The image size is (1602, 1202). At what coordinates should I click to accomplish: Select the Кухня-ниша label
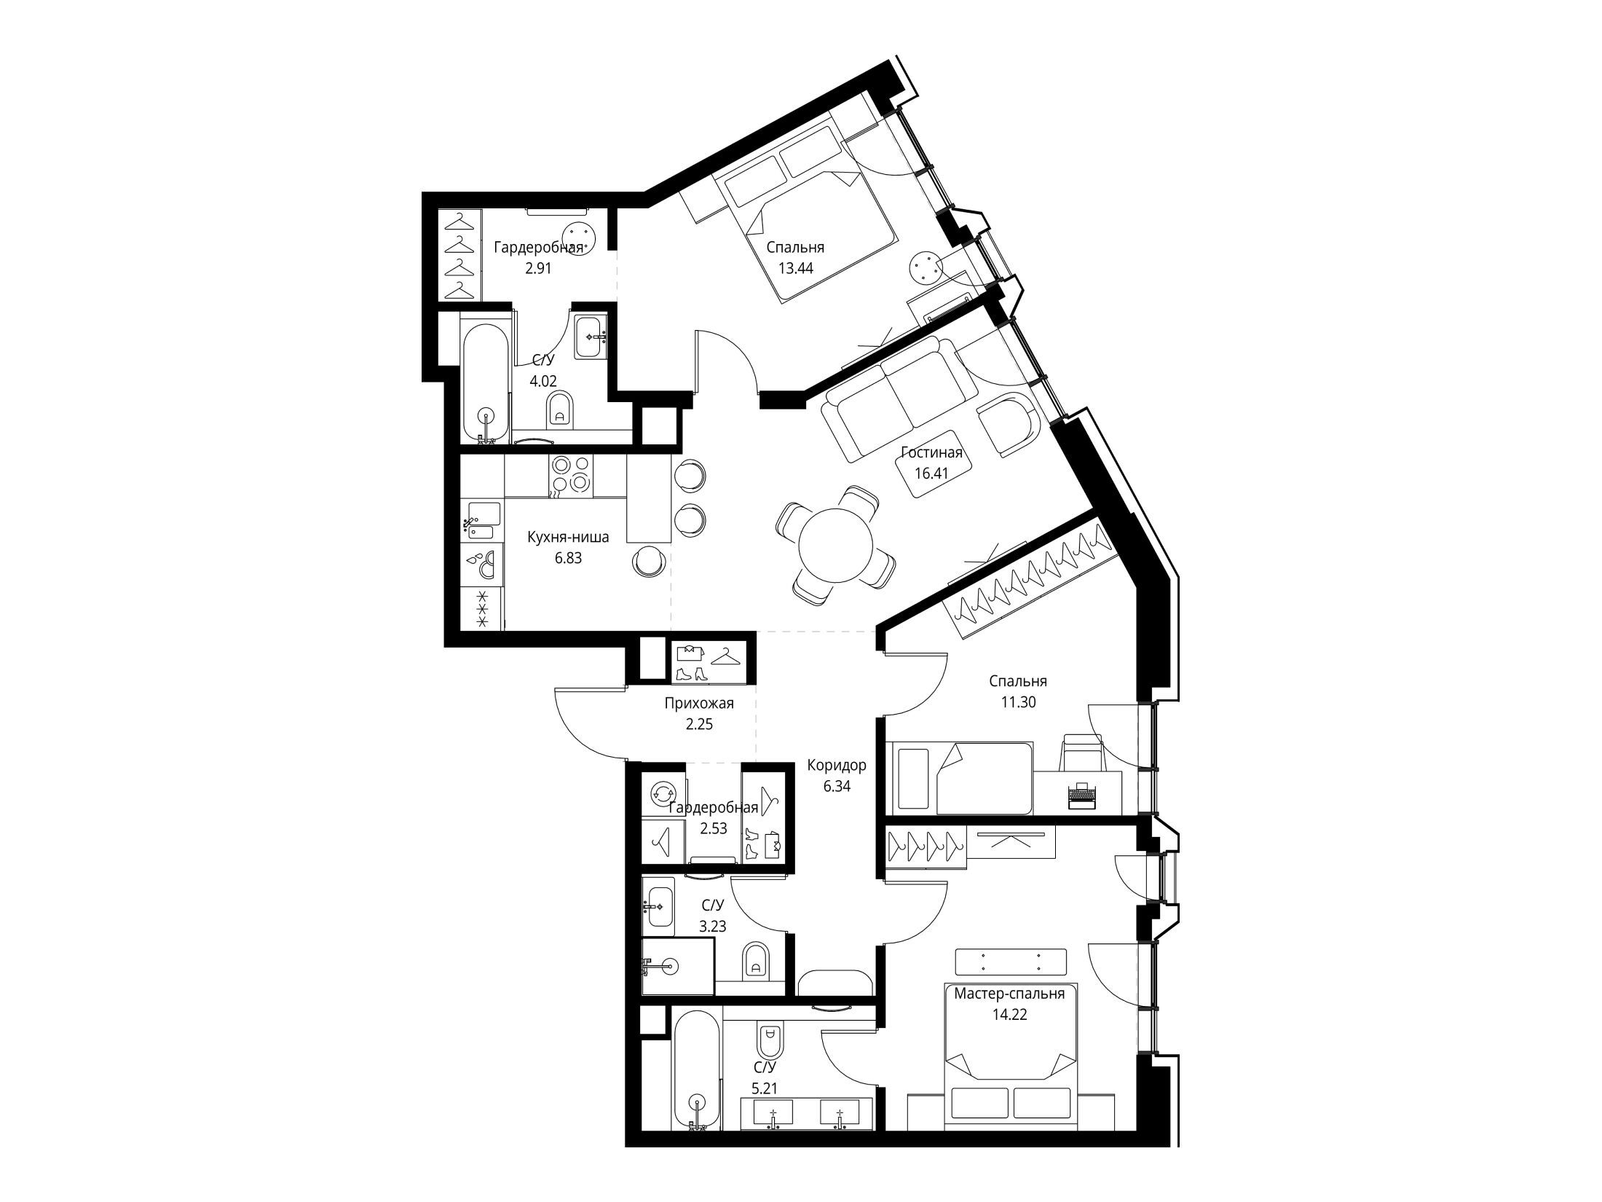click(568, 538)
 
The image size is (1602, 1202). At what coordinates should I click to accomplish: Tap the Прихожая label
click(698, 704)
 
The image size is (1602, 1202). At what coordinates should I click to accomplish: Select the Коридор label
click(837, 766)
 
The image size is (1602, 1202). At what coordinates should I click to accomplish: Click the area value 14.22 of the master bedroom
click(1009, 1016)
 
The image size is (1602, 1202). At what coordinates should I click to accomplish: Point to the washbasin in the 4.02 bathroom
click(590, 337)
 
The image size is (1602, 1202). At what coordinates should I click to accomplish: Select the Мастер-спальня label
click(1009, 994)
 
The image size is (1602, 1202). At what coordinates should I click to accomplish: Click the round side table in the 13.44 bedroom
click(926, 270)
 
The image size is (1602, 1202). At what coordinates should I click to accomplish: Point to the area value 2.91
click(539, 267)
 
